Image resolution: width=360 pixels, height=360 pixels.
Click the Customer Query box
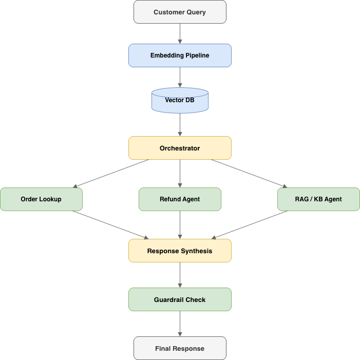point(180,12)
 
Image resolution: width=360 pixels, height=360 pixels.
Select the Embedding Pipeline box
point(180,55)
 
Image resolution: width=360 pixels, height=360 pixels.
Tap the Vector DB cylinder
point(180,100)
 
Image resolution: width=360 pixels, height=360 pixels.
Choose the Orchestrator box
point(180,148)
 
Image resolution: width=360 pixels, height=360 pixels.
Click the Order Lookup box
point(41,199)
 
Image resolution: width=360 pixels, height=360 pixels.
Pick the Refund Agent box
point(180,199)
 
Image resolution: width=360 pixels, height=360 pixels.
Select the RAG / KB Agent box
point(318,199)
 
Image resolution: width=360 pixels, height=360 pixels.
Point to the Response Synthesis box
point(180,251)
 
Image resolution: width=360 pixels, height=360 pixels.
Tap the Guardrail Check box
point(180,299)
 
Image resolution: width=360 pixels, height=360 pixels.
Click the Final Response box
point(180,348)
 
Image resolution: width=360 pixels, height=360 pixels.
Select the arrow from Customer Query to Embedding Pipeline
point(180,33)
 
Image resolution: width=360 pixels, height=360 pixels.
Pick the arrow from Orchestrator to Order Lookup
point(112,173)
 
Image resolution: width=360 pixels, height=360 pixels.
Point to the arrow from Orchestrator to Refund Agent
point(180,174)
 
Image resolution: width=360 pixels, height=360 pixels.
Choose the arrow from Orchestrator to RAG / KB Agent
point(249,173)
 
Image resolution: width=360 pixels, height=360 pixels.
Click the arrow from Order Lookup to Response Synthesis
point(110,225)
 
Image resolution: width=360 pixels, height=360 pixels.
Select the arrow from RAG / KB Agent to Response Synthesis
point(250,225)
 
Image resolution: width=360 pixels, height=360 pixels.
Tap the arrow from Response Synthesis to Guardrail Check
point(180,275)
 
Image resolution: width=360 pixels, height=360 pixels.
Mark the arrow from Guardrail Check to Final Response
point(180,324)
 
